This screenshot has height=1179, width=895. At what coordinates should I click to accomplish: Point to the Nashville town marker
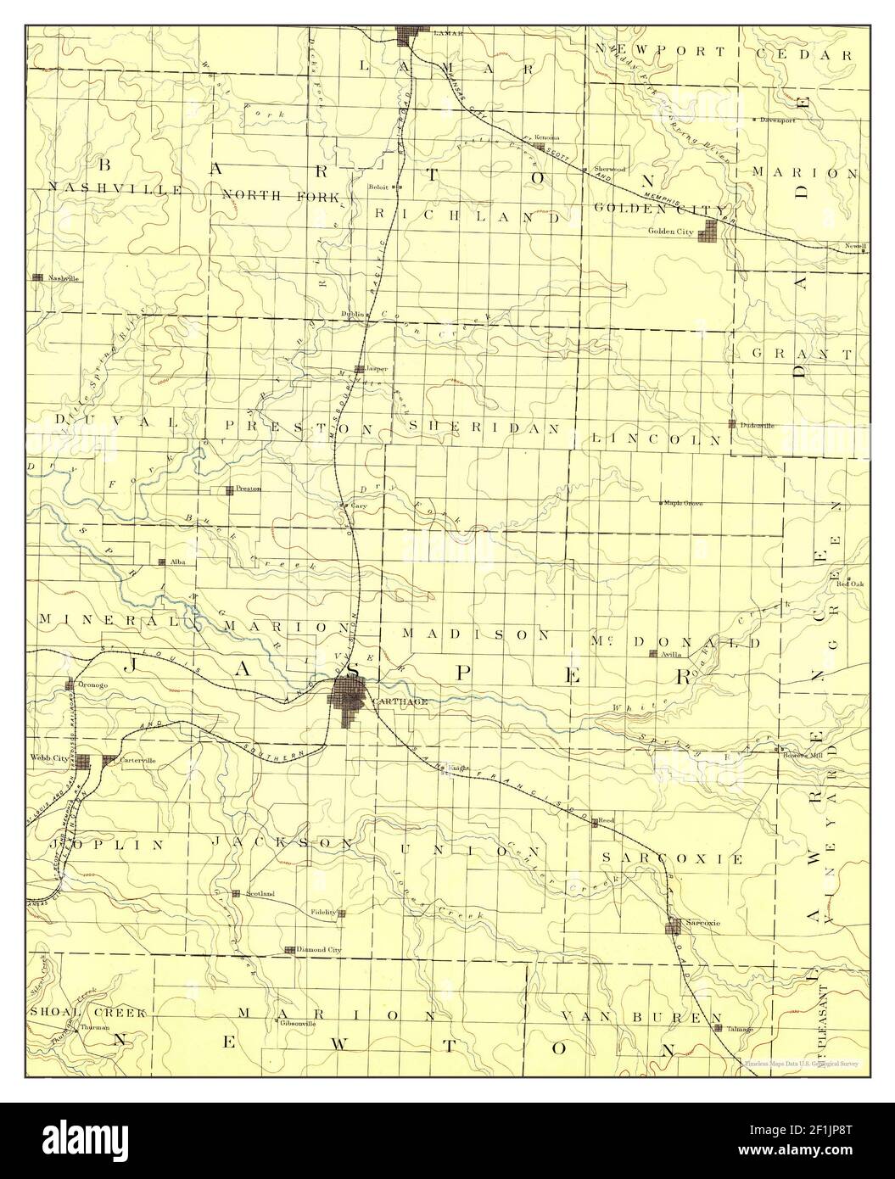(37, 277)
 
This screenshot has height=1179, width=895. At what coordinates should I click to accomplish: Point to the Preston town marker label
(249, 489)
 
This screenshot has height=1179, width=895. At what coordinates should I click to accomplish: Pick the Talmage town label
(739, 1029)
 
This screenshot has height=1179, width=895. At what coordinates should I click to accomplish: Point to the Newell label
(855, 246)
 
